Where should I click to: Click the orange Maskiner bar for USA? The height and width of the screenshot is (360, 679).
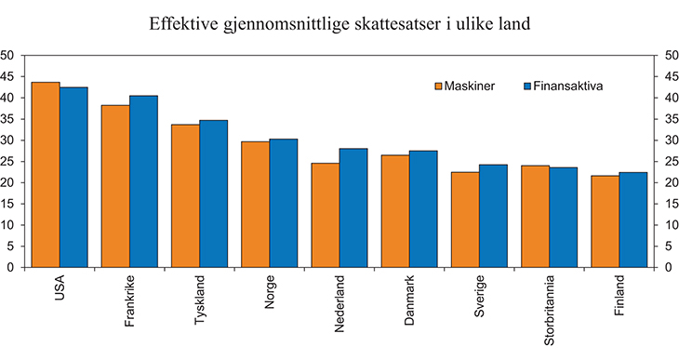click(46, 175)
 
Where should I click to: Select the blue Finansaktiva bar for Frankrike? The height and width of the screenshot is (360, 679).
click(143, 181)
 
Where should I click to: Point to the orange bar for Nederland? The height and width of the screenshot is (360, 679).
click(325, 215)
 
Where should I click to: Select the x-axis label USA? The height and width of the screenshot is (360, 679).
click(60, 287)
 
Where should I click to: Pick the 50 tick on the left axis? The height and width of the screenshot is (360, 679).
click(8, 56)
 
